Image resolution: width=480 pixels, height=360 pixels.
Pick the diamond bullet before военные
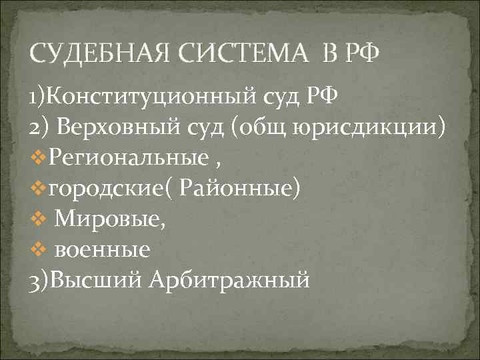click(x=39, y=250)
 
